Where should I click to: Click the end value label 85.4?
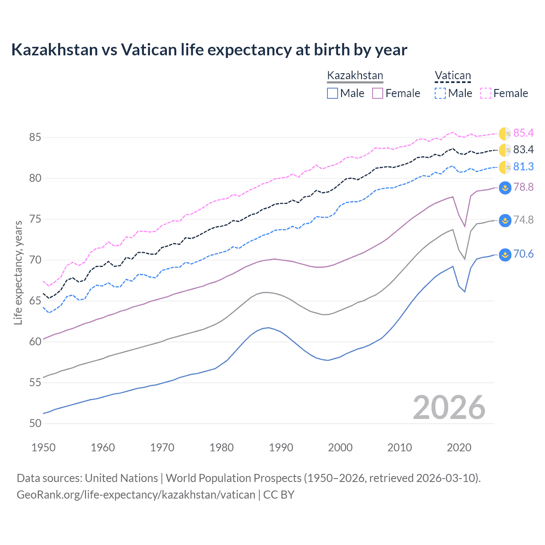tap(523, 133)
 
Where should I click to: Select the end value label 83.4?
tap(523, 150)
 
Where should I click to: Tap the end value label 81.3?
tap(523, 167)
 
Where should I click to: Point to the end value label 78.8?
tap(523, 187)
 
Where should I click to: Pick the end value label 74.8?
tap(523, 220)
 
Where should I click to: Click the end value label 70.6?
tap(523, 254)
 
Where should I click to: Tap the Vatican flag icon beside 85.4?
tap(505, 134)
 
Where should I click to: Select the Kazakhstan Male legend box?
tap(333, 93)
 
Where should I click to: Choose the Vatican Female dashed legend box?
tap(486, 93)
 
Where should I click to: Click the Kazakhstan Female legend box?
tap(378, 93)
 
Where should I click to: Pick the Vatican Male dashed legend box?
tap(440, 93)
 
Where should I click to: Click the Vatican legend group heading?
tap(453, 76)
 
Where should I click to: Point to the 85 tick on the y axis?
tap(35, 138)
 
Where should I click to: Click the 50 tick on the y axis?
tap(35, 424)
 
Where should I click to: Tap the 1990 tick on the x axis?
tap(281, 447)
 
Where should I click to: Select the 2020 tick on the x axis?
tap(459, 447)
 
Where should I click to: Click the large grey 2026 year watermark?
tap(449, 407)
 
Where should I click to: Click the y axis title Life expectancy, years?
tap(18, 272)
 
